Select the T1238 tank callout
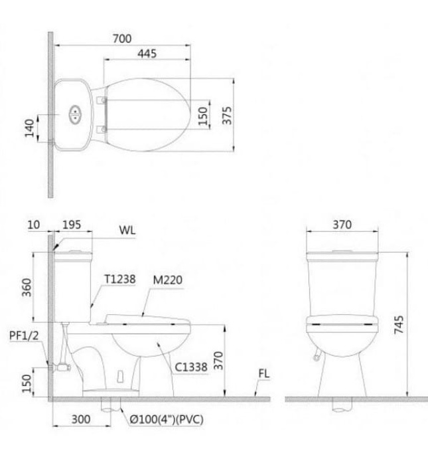[x=119, y=280]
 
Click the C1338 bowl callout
[x=190, y=364]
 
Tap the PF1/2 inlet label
[x=21, y=336]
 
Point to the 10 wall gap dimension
[x=33, y=225]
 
